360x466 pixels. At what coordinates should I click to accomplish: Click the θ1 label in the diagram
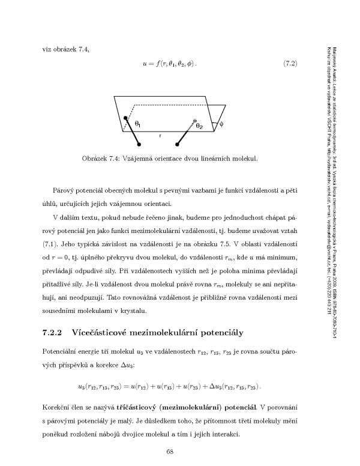click(x=138, y=124)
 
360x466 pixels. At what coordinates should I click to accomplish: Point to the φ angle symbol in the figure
click(x=221, y=125)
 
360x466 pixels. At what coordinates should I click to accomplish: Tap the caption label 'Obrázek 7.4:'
click(x=103, y=159)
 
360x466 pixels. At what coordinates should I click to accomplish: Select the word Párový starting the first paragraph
click(x=63, y=190)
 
